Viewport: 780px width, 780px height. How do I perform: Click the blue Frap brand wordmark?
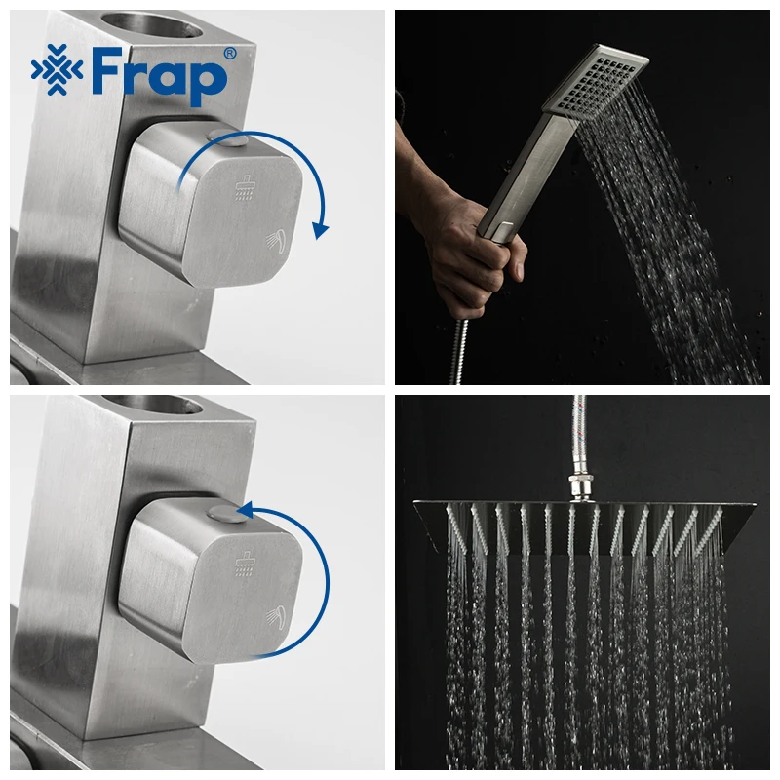click(x=159, y=75)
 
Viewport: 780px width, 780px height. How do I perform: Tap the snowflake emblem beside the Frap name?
click(x=57, y=69)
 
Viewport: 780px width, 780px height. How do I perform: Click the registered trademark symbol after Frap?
click(x=229, y=54)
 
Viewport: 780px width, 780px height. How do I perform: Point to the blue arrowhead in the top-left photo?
click(x=320, y=230)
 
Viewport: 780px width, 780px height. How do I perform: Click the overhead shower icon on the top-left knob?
click(x=244, y=187)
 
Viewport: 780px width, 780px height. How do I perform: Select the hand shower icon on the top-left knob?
click(x=276, y=241)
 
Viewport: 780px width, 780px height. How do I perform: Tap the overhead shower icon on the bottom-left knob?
click(x=244, y=564)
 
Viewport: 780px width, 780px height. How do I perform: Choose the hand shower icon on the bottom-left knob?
click(x=276, y=617)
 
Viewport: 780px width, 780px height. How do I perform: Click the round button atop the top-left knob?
click(x=227, y=137)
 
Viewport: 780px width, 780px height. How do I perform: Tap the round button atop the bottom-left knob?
click(x=227, y=514)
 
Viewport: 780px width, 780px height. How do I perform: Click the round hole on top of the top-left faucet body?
click(x=152, y=24)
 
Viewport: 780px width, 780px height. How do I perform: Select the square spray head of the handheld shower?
click(x=596, y=81)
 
